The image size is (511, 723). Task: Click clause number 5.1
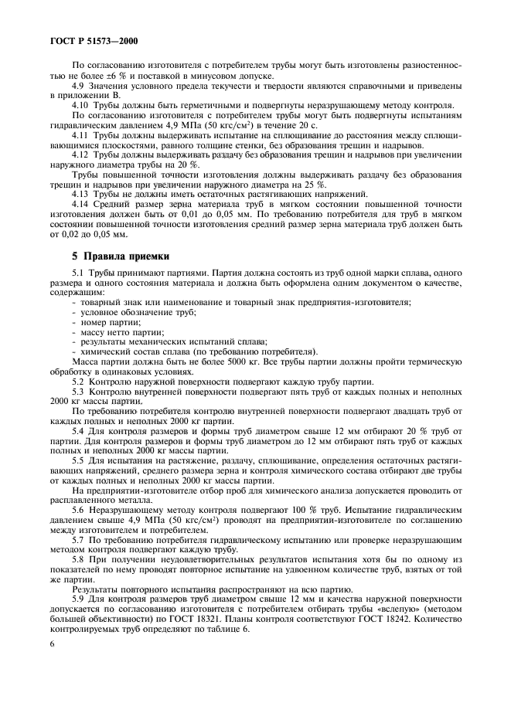(79, 274)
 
